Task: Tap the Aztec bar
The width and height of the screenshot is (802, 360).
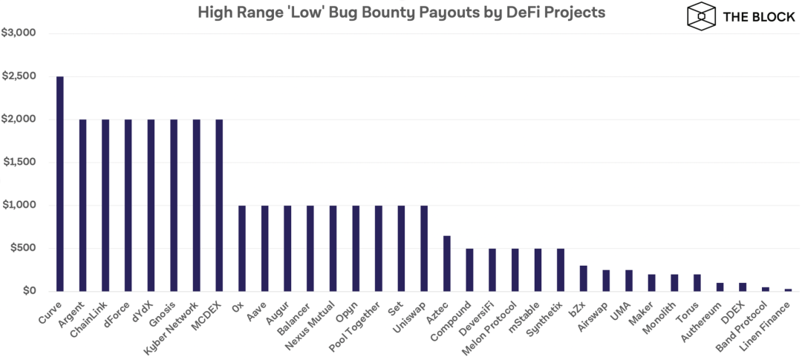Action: point(447,263)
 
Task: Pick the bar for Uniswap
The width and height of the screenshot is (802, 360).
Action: point(424,248)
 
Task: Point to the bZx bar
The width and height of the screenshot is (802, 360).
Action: point(584,278)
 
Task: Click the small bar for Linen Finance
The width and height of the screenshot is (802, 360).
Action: point(789,289)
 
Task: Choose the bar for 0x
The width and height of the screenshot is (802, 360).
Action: point(242,248)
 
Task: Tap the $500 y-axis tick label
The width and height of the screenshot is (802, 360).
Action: point(20,248)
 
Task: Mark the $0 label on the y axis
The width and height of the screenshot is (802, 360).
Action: point(28,291)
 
